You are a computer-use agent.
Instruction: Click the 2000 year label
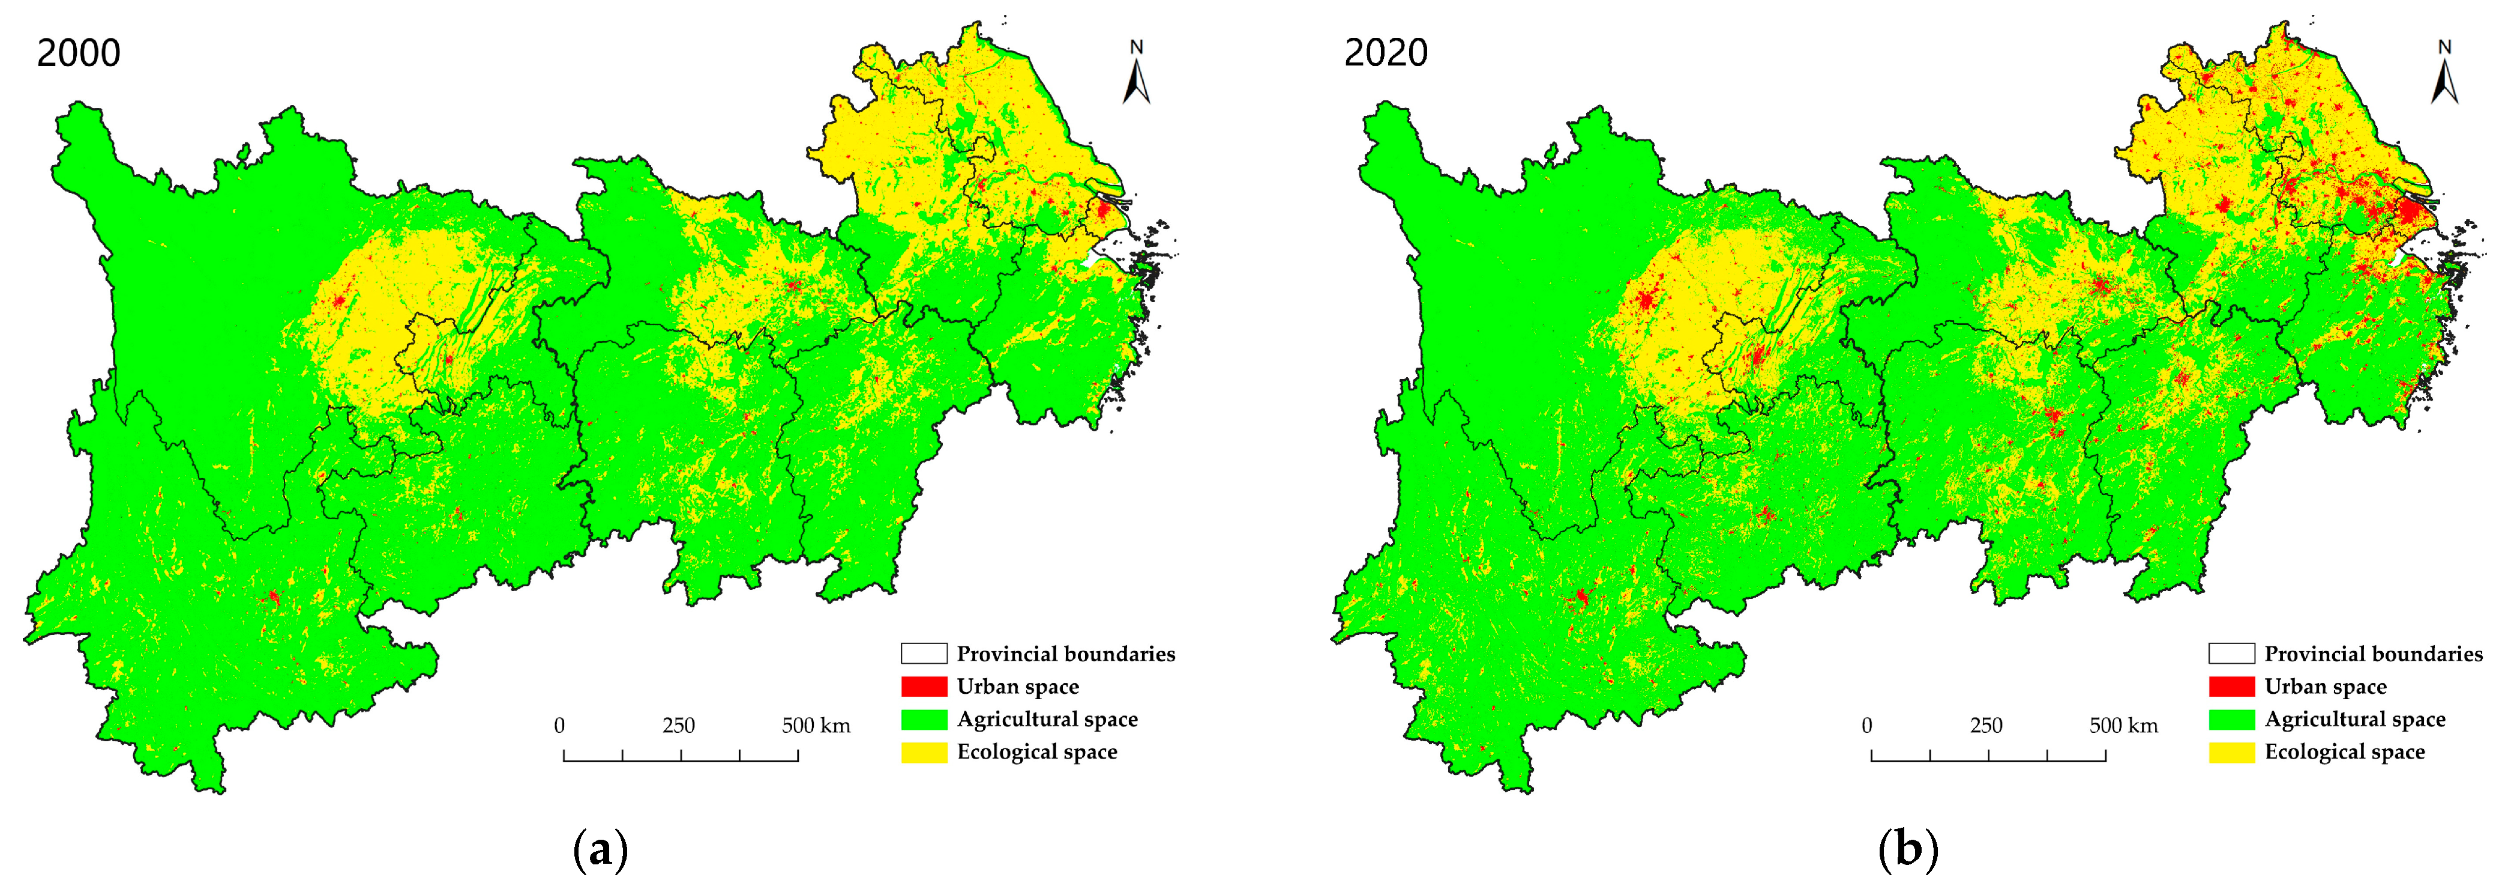pyautogui.click(x=79, y=52)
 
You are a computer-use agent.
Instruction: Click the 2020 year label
pyautogui.click(x=1386, y=52)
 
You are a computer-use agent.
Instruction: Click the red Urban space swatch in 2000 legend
pyautogui.click(x=924, y=687)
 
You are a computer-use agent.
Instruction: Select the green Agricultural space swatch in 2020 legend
pyautogui.click(x=2232, y=720)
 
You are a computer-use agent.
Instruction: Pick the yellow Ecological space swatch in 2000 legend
pyautogui.click(x=924, y=752)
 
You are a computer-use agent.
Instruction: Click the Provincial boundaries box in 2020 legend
pyautogui.click(x=2232, y=654)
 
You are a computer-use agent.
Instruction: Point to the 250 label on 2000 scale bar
pyautogui.click(x=679, y=726)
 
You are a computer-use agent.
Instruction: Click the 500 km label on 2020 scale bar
pyautogui.click(x=2124, y=726)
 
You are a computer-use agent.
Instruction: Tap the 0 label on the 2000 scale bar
pyautogui.click(x=559, y=726)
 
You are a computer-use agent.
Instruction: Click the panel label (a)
pyautogui.click(x=601, y=851)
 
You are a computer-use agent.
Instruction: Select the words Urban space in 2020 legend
pyautogui.click(x=2325, y=687)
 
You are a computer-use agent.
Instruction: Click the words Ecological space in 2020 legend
pyautogui.click(x=2345, y=752)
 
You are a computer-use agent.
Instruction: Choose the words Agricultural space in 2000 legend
pyautogui.click(x=1047, y=720)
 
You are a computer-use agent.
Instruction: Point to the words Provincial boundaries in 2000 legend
pyautogui.click(x=1066, y=654)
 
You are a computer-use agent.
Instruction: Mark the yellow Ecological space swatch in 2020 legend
pyautogui.click(x=2232, y=752)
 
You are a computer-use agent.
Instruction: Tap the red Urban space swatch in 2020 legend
pyautogui.click(x=2232, y=687)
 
